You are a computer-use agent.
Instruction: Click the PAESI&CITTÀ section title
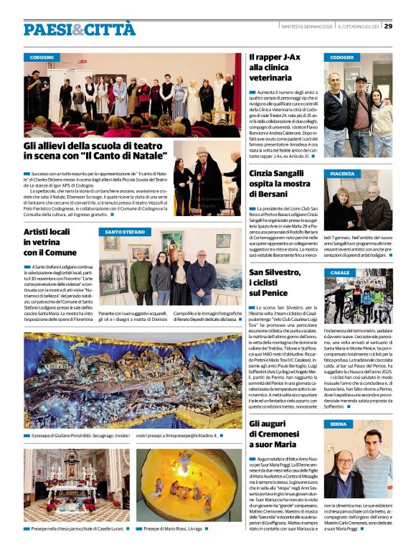click(x=79, y=29)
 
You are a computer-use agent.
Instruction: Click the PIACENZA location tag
click(x=342, y=174)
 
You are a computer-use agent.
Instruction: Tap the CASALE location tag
click(x=340, y=273)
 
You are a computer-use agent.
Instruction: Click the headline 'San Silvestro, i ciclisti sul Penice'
click(x=279, y=281)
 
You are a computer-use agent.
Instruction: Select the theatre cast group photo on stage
click(x=132, y=95)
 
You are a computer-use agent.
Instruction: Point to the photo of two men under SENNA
click(x=357, y=466)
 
